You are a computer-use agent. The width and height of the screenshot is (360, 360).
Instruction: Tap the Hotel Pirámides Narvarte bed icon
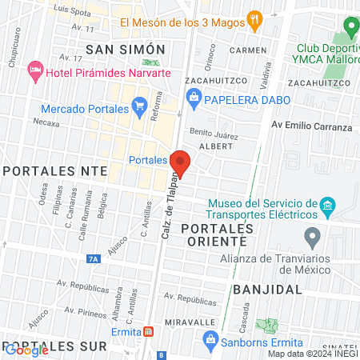tap(35, 70)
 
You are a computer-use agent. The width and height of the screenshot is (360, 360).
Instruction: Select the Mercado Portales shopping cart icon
tap(139, 102)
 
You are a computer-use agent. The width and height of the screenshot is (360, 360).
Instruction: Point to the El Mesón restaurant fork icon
tap(254, 21)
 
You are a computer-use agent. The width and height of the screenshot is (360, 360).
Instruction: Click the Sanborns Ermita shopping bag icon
tap(210, 338)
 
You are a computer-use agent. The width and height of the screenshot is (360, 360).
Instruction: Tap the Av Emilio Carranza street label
tap(311, 126)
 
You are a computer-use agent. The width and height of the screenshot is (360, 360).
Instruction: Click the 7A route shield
tap(94, 258)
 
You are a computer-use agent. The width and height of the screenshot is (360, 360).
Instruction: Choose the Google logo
tap(26, 350)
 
